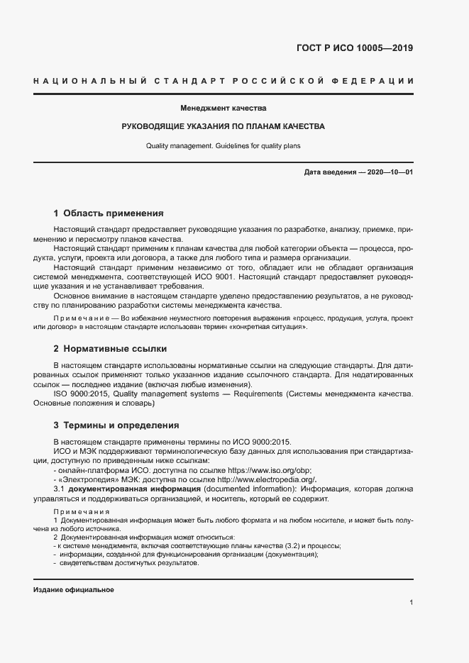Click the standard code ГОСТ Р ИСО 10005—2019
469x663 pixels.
[354, 49]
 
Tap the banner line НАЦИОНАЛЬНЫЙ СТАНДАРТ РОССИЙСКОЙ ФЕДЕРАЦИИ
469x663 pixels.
[223, 83]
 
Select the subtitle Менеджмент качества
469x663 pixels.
[223, 108]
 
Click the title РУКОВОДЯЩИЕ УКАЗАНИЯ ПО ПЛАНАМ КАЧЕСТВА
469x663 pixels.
[223, 127]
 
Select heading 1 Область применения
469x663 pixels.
[109, 213]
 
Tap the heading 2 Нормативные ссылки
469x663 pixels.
[110, 349]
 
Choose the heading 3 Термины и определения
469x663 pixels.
[116, 425]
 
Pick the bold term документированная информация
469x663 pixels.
[134, 489]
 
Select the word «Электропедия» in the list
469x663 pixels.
[82, 479]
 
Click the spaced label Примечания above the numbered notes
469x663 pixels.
[81, 512]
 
